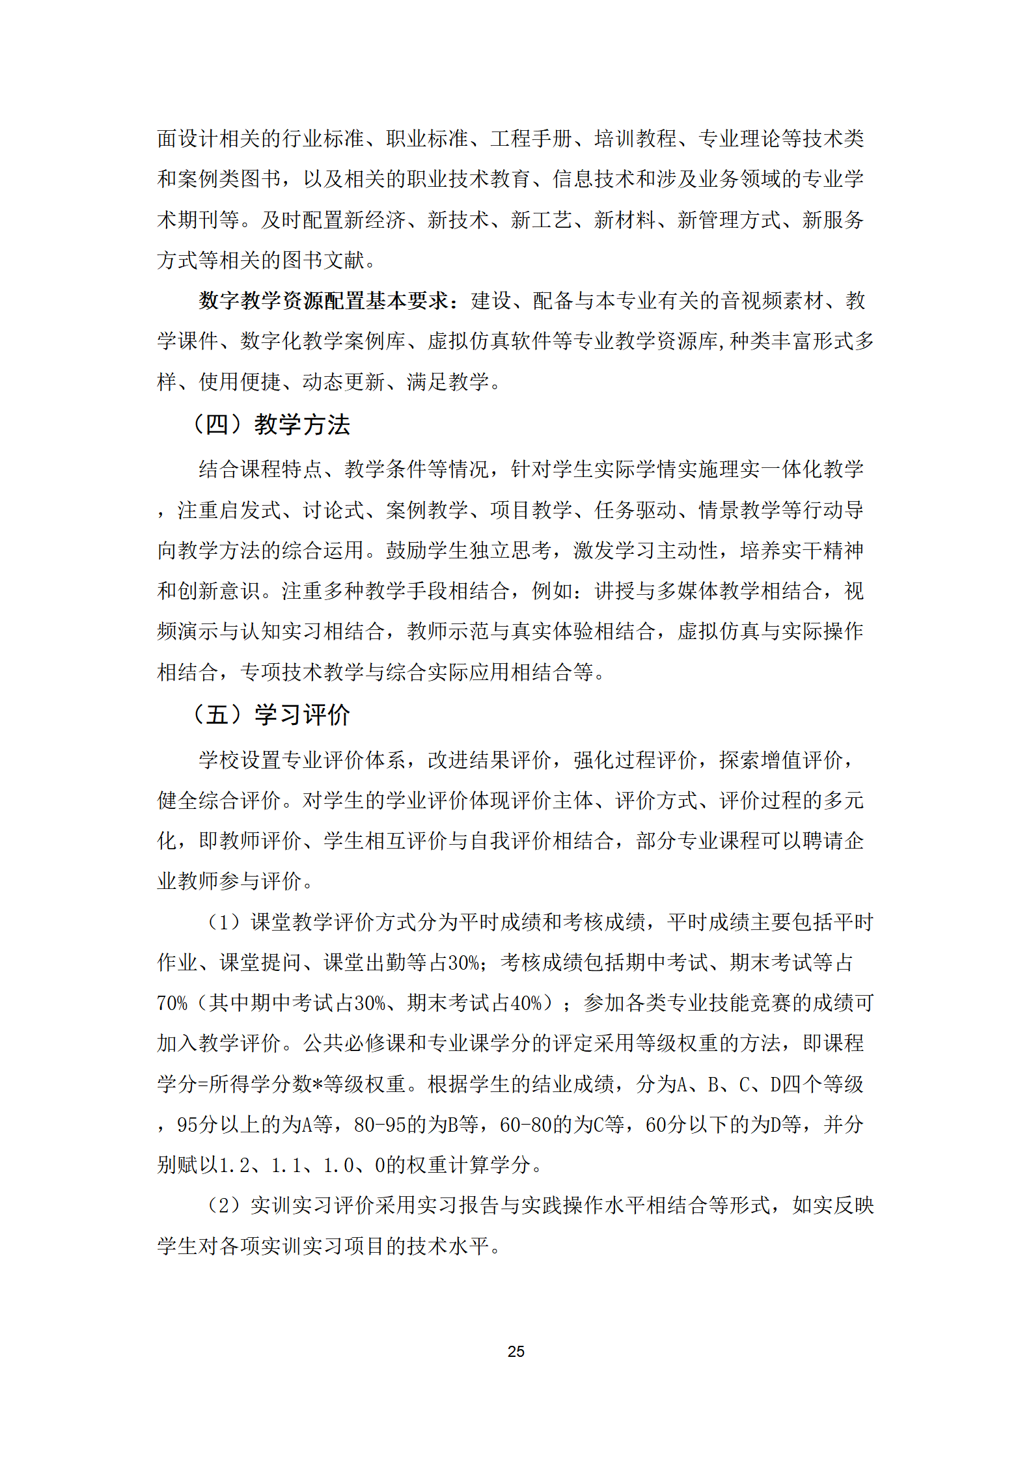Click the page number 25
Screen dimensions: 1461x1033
[x=516, y=1351]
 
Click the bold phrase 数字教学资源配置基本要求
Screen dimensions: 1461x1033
[x=324, y=301]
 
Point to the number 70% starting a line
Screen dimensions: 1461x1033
[x=172, y=1003]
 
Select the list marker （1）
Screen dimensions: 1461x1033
[x=224, y=922]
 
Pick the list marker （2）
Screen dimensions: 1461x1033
[x=224, y=1205]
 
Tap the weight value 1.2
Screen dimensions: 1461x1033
[x=235, y=1165]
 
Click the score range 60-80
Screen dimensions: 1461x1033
[x=525, y=1125]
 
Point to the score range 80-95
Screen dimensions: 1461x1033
[x=380, y=1125]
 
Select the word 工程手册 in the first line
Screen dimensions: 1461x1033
[x=531, y=139]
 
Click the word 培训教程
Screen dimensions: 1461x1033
[x=635, y=139]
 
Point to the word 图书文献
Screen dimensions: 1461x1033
[x=323, y=260]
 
